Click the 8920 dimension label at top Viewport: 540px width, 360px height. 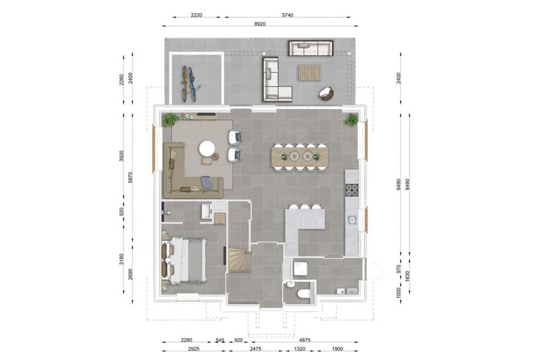coord(260,24)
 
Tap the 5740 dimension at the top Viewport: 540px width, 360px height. coord(287,15)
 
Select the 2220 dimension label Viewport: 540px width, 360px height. coord(196,15)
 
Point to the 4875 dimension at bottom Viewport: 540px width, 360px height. coord(304,340)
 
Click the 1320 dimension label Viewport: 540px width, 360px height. coord(299,349)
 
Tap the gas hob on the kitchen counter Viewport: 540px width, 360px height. coord(352,190)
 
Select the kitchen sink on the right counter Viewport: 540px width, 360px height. coord(352,220)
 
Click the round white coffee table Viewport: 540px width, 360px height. coord(207,149)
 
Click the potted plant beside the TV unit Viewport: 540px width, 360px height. coord(170,120)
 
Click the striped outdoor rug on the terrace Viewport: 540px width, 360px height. coord(309,73)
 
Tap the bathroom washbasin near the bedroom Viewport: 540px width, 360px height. coord(207,211)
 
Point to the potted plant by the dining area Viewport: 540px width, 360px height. coord(352,120)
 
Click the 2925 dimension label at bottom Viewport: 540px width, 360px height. coord(193,349)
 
